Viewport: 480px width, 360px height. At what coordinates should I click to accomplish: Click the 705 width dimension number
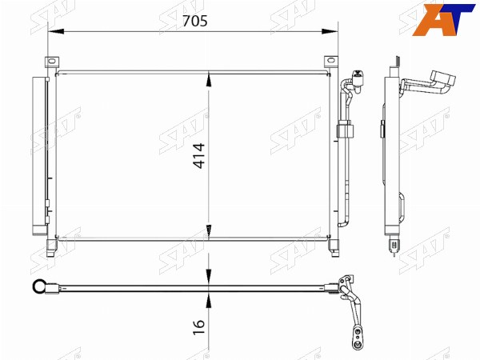click(x=195, y=21)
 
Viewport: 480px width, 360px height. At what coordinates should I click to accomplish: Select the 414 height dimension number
click(x=199, y=155)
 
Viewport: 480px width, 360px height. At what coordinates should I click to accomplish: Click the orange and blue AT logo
click(x=443, y=19)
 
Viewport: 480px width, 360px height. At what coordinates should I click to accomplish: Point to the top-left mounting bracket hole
click(x=52, y=61)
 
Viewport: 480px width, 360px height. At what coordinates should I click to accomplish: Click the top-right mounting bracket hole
click(x=330, y=60)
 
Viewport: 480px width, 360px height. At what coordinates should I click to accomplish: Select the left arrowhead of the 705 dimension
click(x=56, y=31)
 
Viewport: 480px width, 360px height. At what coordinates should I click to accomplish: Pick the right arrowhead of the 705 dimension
click(x=330, y=31)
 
